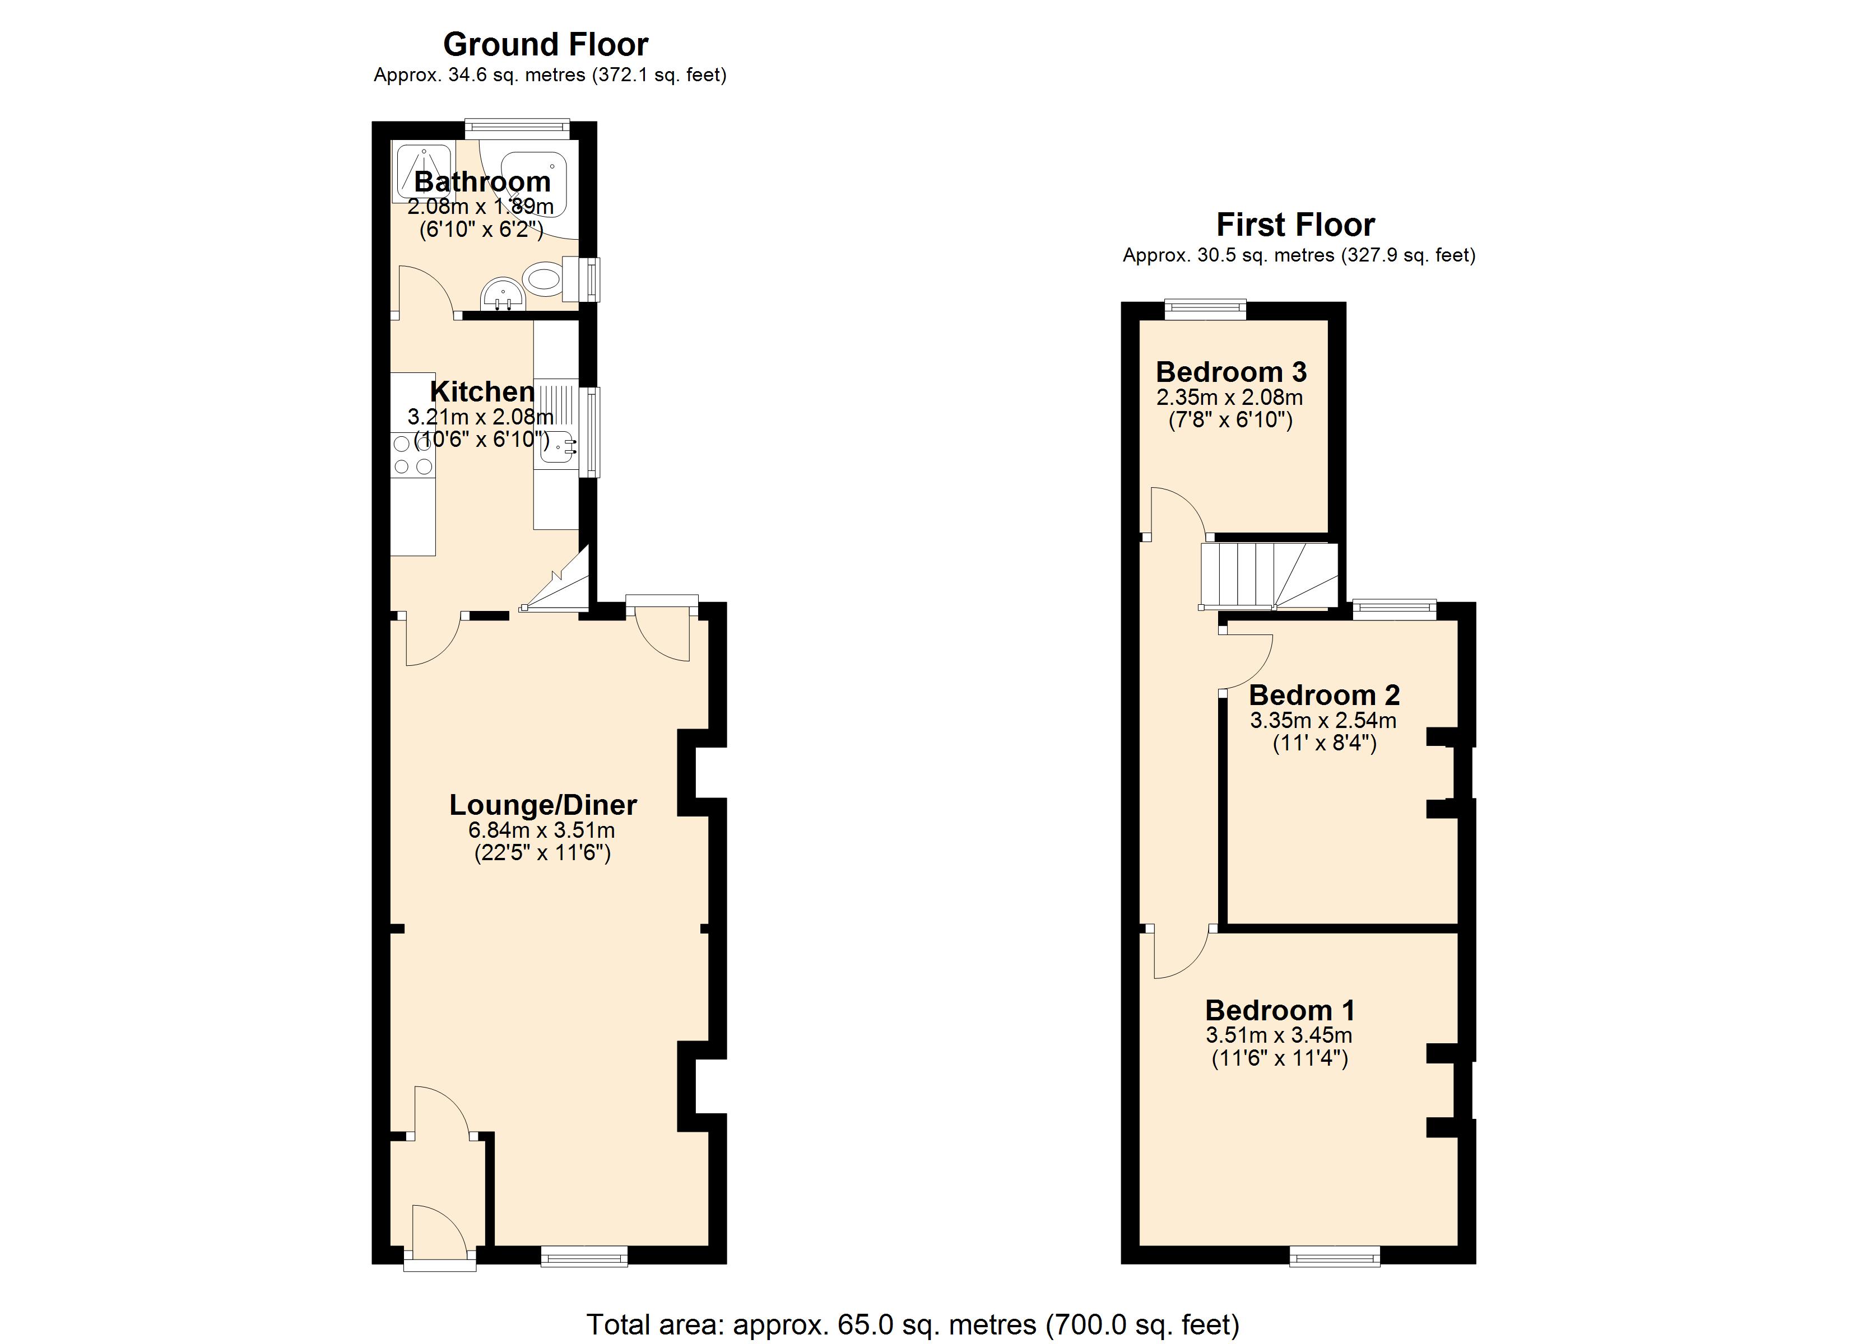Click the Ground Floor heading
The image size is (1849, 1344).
[x=545, y=44]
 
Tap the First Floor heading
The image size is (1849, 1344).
[x=1295, y=224]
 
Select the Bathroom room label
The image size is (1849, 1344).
[x=482, y=182]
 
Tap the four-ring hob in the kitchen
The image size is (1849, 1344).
[x=412, y=455]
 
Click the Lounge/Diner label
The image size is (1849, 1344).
[x=543, y=805]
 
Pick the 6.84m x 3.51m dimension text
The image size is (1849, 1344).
[x=541, y=830]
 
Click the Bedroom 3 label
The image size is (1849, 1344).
[x=1231, y=372]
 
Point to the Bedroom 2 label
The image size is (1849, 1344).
[x=1324, y=695]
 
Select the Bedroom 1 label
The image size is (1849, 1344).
[x=1280, y=1011]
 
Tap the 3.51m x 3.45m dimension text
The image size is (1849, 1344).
[x=1279, y=1036]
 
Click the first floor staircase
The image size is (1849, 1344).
[x=1269, y=576]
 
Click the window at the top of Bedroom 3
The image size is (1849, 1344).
[x=1206, y=309]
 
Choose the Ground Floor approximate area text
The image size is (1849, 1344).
[x=550, y=75]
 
